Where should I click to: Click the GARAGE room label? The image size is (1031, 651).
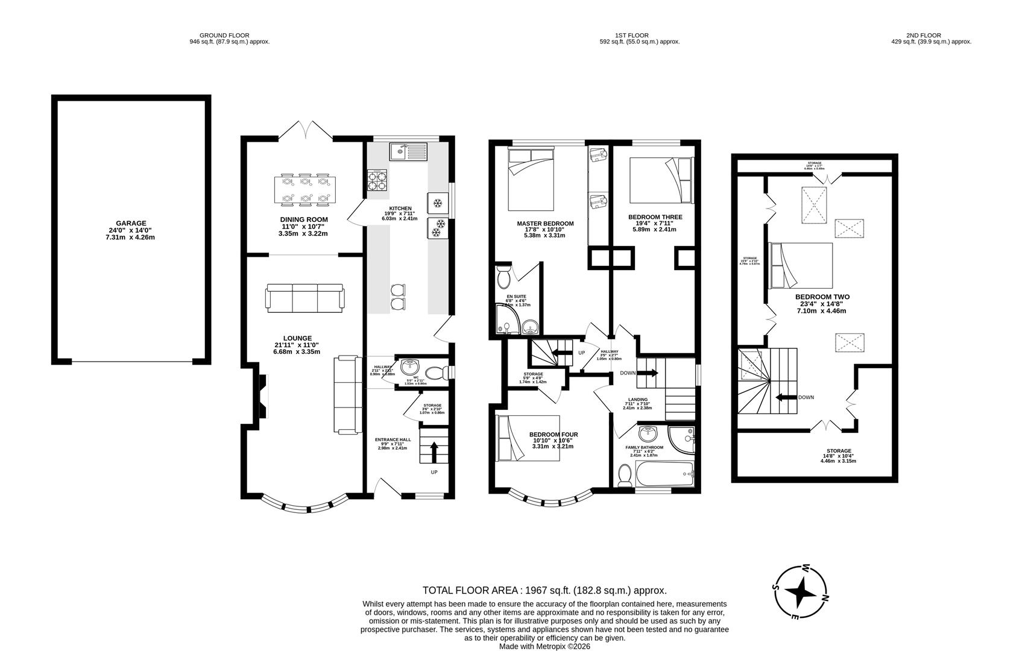pyautogui.click(x=131, y=223)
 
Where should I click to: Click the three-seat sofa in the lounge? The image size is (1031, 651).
pyautogui.click(x=304, y=297)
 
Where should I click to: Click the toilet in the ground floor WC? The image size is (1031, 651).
pyautogui.click(x=434, y=373)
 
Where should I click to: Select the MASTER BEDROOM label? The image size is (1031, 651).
pyautogui.click(x=545, y=224)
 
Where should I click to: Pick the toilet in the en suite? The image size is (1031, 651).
pyautogui.click(x=503, y=278)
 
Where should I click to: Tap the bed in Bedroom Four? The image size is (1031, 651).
pyautogui.click(x=527, y=438)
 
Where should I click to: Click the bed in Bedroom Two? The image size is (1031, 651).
pyautogui.click(x=801, y=265)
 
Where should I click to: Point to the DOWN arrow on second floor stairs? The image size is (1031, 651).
pyautogui.click(x=785, y=397)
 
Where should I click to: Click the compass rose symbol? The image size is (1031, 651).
pyautogui.click(x=801, y=593)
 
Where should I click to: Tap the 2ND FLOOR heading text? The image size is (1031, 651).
pyautogui.click(x=923, y=36)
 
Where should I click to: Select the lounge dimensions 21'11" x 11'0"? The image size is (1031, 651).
pyautogui.click(x=297, y=345)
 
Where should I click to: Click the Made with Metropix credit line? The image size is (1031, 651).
pyautogui.click(x=544, y=646)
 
